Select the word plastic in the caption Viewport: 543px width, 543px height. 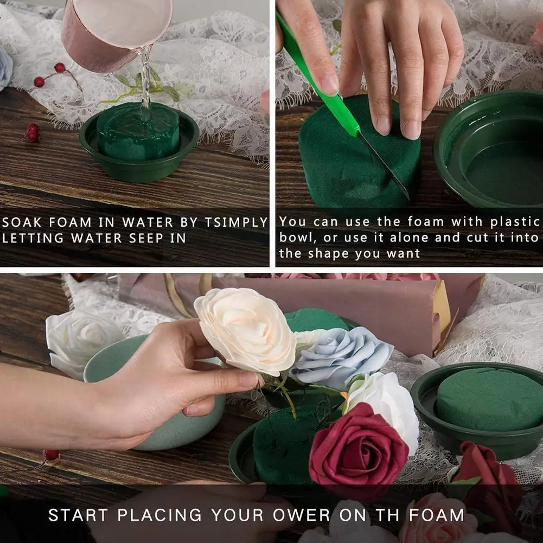pyautogui.click(x=515, y=222)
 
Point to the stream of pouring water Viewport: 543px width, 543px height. pyautogui.click(x=145, y=81)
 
